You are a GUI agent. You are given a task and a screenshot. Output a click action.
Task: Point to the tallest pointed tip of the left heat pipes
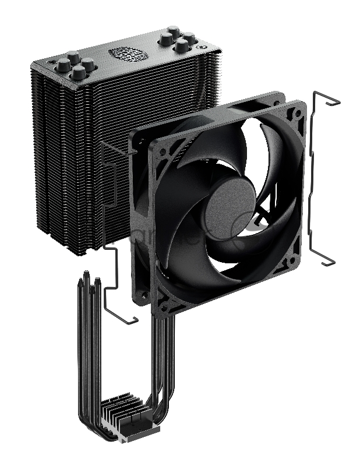[88, 274]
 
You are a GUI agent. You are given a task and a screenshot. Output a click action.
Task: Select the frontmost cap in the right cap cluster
[182, 45]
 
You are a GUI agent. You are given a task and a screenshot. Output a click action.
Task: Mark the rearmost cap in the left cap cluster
[73, 57]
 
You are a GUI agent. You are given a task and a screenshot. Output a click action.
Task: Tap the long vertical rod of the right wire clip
[318, 175]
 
